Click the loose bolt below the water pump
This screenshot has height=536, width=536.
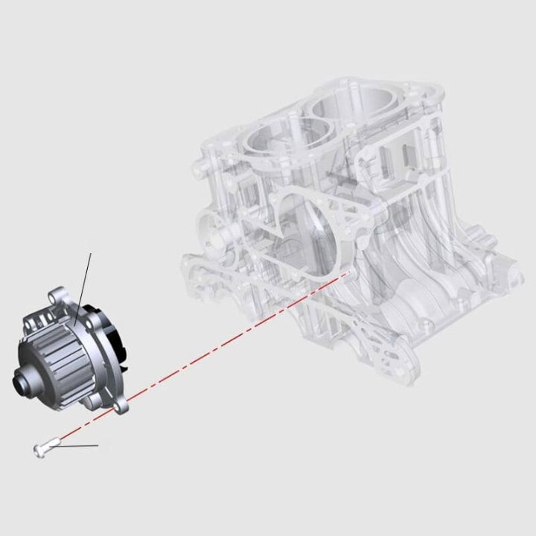pos(45,447)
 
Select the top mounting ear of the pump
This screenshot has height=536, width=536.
pos(56,297)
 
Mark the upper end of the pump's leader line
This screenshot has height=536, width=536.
pos(91,254)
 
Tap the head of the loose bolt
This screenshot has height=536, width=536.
pos(37,448)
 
